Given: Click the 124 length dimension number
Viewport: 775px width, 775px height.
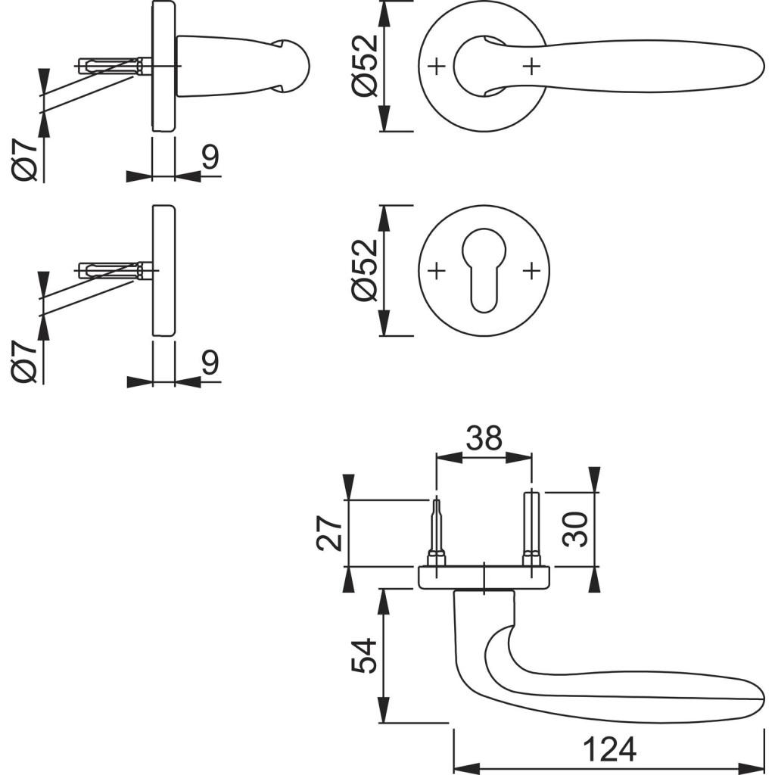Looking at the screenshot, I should [x=609, y=751].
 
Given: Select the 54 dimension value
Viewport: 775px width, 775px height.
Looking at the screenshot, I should [x=363, y=656].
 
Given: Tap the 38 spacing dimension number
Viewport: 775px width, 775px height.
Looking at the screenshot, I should [x=484, y=438].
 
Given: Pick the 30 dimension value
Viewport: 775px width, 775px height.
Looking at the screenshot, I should [x=576, y=529].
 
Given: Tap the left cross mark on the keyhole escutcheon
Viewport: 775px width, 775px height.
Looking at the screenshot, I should [x=435, y=270].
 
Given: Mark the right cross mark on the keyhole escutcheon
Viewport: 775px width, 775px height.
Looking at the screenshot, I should [x=532, y=270].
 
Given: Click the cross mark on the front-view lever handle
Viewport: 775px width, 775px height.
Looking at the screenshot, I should [x=532, y=67].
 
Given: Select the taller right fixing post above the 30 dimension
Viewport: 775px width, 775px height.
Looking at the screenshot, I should [x=531, y=527].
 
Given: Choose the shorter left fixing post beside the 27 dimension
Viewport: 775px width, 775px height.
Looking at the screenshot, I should [x=436, y=530].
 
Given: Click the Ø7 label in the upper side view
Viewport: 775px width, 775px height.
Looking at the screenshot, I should [x=24, y=160].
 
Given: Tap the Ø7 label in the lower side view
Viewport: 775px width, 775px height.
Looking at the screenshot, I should [x=24, y=363].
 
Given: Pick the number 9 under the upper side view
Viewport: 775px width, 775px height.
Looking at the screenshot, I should [x=210, y=158].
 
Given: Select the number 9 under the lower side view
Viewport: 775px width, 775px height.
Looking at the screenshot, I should [x=210, y=363].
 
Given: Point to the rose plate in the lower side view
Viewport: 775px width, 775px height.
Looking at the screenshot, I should [x=163, y=270].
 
